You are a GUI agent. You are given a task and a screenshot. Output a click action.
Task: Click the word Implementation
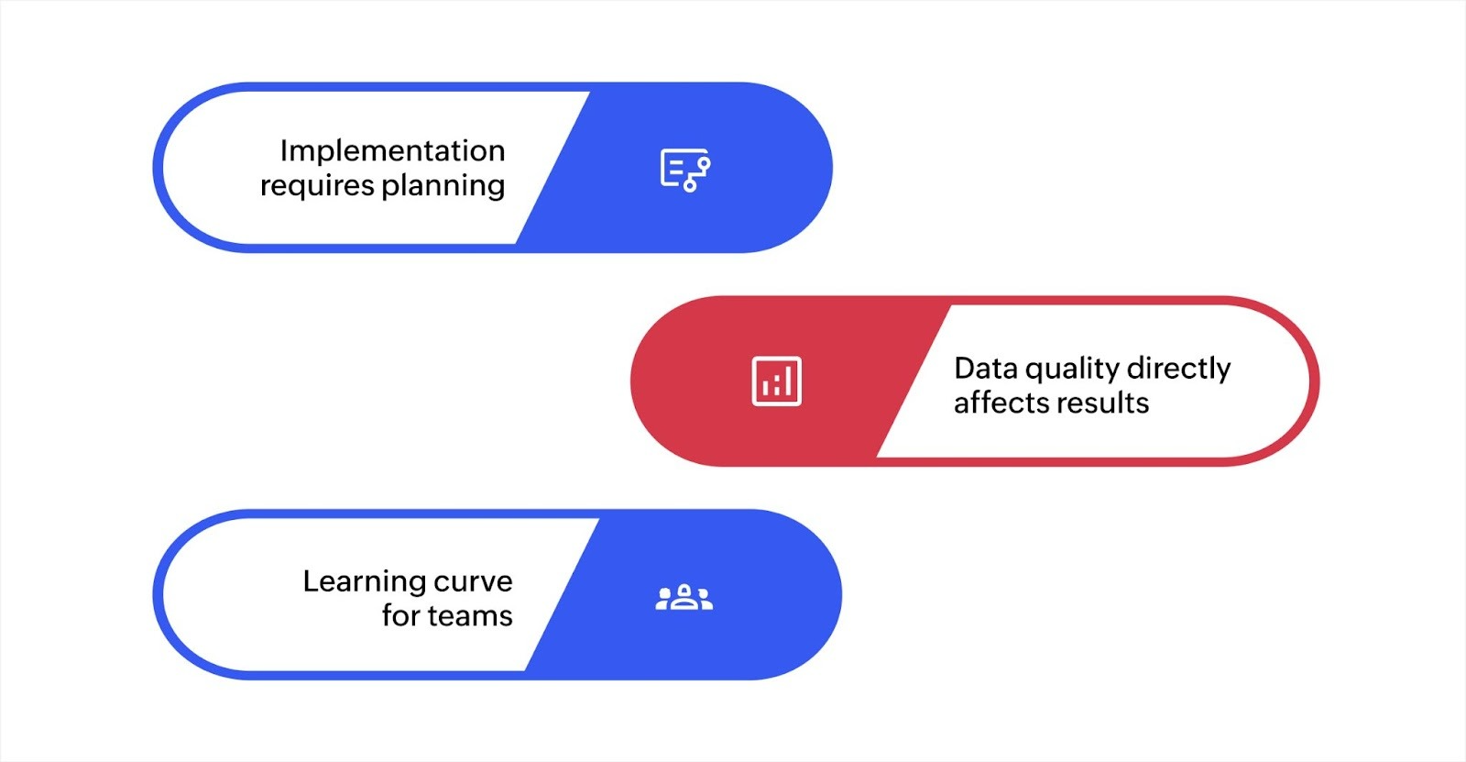(392, 150)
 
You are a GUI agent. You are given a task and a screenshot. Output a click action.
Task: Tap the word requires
(317, 186)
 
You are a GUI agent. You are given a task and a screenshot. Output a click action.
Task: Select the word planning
(443, 186)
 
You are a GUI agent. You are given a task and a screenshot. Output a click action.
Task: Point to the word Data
(986, 368)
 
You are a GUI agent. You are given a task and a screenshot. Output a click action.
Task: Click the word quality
(1073, 370)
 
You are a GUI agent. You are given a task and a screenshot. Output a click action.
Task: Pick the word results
(1105, 403)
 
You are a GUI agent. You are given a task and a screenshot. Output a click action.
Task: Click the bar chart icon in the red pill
(776, 381)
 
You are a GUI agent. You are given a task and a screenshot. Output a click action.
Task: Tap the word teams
(470, 616)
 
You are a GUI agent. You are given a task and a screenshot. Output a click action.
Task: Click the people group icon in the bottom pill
(684, 598)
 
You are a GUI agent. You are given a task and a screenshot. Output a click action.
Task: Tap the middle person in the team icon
(684, 596)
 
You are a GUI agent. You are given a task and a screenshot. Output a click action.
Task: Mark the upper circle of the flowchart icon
(704, 163)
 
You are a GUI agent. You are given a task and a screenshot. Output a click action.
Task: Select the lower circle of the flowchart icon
(690, 186)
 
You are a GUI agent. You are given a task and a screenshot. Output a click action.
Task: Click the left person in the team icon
(664, 600)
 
